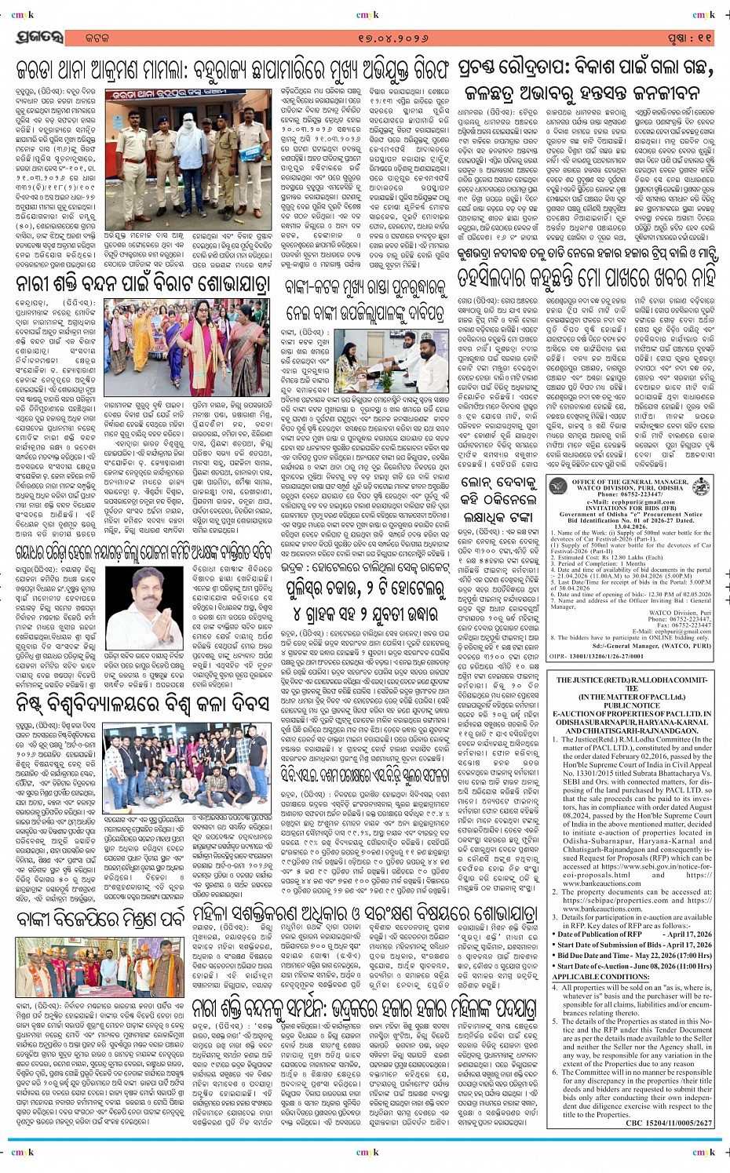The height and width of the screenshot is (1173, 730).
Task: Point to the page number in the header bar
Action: pyautogui.click(x=688, y=37)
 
